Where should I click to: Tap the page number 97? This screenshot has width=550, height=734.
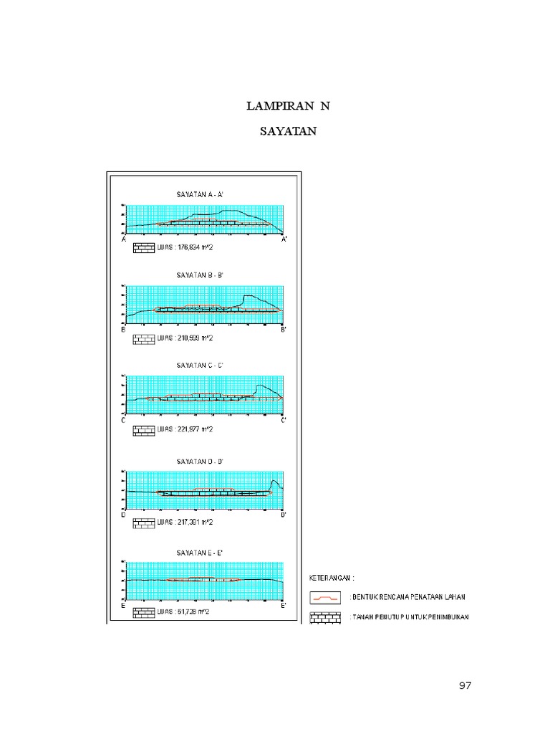[465, 686]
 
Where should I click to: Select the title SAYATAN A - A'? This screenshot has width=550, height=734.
[201, 194]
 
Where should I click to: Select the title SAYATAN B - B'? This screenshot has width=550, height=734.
[201, 275]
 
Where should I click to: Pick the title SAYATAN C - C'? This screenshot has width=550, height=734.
[201, 365]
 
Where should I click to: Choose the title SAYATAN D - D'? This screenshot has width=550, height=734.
[201, 461]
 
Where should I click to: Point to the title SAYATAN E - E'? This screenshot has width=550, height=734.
[201, 552]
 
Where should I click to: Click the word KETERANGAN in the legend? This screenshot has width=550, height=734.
[332, 577]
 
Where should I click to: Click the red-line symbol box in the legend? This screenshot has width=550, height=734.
[326, 596]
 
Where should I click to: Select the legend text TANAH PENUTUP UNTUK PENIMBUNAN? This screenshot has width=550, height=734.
[409, 616]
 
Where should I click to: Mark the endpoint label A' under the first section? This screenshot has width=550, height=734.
[284, 239]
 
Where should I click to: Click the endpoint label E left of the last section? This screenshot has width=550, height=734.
[124, 606]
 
